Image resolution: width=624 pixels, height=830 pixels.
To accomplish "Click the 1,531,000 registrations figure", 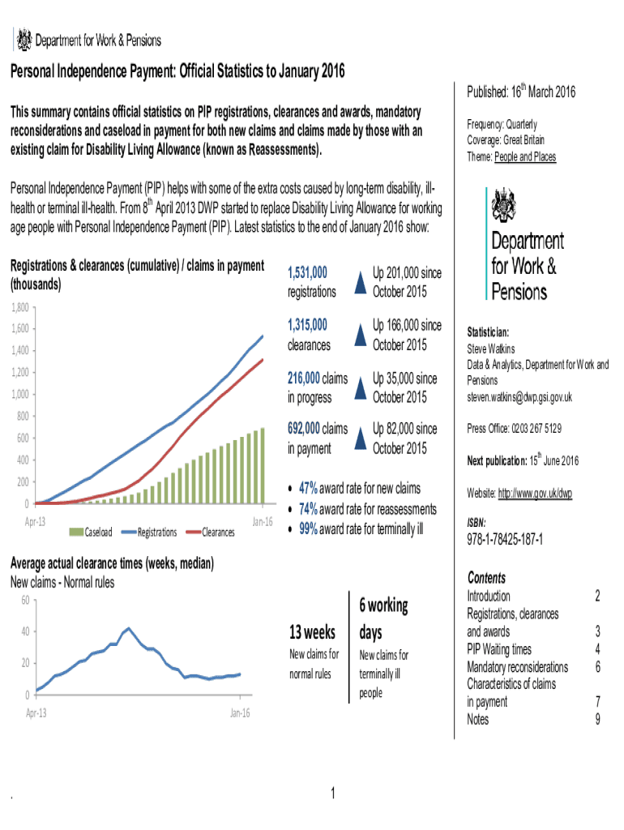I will point(308,273).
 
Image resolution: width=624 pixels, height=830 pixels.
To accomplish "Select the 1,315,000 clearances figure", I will point(308,325).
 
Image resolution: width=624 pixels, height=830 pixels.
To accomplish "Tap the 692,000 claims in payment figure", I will point(305,428).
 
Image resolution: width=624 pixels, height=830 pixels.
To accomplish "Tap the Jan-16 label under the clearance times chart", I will point(240,713).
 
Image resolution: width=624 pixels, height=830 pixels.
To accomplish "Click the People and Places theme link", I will point(525,156).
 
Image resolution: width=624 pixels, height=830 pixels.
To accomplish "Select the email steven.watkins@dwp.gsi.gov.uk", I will point(519,397).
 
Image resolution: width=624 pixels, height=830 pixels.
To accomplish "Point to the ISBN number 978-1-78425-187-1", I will point(505,540).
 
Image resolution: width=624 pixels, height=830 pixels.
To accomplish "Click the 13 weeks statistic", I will point(313,631).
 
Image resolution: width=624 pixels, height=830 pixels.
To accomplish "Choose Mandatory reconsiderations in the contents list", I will point(517,667).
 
